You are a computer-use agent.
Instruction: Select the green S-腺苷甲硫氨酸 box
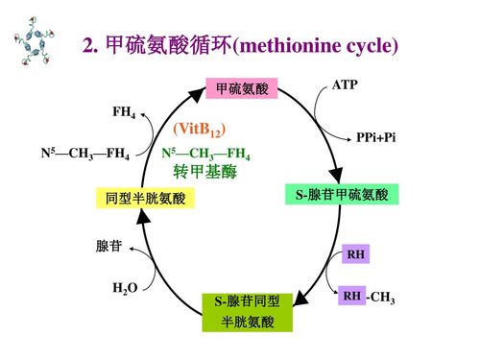(x=342, y=195)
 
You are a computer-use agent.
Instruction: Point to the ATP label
(x=344, y=85)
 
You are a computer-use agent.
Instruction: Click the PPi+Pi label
(x=375, y=138)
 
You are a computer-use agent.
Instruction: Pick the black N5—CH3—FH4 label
(x=85, y=153)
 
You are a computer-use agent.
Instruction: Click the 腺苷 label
(x=108, y=246)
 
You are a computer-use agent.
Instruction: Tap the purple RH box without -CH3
(x=355, y=254)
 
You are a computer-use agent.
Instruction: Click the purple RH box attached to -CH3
(x=351, y=298)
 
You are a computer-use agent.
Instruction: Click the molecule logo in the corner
(x=36, y=44)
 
